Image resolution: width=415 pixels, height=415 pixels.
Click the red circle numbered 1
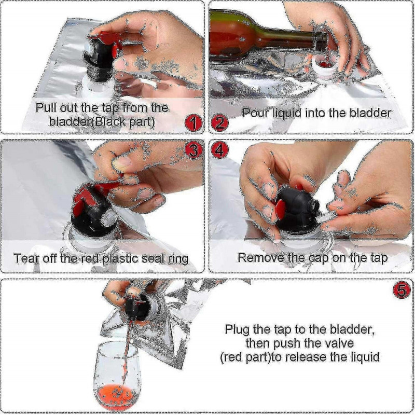pyautogui.click(x=193, y=123)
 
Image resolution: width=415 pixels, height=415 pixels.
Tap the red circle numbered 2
pyautogui.click(x=220, y=123)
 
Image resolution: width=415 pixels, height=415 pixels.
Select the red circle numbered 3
pyautogui.click(x=193, y=150)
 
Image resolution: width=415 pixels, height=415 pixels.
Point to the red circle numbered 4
pyautogui.click(x=220, y=150)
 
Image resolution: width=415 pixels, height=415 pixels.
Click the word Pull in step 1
pyautogui.click(x=47, y=108)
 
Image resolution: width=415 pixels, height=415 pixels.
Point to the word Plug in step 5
pyautogui.click(x=236, y=329)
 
